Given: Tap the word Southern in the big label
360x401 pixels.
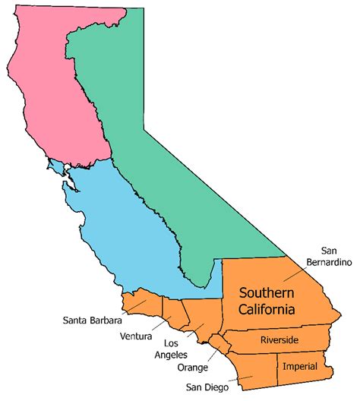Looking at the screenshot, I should [x=266, y=292].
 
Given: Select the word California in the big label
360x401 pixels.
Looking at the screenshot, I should [x=267, y=309].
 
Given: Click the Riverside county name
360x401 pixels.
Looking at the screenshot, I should [x=279, y=339].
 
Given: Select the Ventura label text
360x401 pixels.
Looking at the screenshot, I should [x=135, y=336].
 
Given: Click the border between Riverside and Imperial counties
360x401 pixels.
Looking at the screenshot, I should [x=303, y=353].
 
